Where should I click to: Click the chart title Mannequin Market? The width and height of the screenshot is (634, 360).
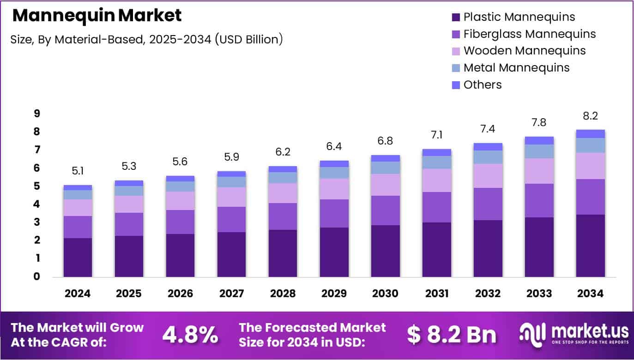click(x=97, y=16)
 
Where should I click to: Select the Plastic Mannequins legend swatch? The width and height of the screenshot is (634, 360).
click(x=456, y=18)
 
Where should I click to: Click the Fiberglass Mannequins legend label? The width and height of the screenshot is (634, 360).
click(x=529, y=34)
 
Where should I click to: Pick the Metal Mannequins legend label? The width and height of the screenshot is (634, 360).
click(x=516, y=67)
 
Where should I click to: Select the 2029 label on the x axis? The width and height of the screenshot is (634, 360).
click(x=334, y=294)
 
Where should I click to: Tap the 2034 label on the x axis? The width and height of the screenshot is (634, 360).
click(x=590, y=294)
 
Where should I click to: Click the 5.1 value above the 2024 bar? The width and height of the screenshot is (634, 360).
click(x=78, y=172)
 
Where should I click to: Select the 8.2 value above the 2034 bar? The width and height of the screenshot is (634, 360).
click(x=590, y=116)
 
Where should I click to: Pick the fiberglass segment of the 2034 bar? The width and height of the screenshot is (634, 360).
click(x=590, y=197)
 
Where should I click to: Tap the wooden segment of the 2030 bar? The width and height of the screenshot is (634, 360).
click(x=385, y=185)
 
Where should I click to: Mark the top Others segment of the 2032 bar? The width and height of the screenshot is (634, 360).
click(x=488, y=147)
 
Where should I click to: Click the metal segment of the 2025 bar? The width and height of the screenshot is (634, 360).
click(x=129, y=191)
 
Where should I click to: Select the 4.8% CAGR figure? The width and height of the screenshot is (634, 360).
click(x=190, y=335)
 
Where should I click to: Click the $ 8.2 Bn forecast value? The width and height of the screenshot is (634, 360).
click(x=451, y=335)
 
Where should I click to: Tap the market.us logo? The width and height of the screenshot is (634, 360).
click(x=574, y=333)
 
